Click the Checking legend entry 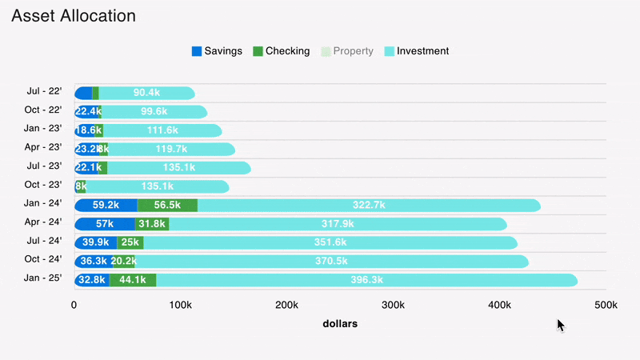coord(281,51)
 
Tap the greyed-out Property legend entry coord(346,51)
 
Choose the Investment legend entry coord(417,51)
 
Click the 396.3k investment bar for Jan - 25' coord(366,280)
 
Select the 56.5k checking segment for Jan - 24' coord(167,206)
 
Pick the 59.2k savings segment coord(106,206)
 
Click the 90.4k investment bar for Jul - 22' coord(146,93)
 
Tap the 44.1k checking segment coord(133,280)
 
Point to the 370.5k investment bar coord(331,262)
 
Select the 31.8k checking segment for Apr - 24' coord(152,224)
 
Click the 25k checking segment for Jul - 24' coord(130,242)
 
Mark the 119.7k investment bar coord(171,149)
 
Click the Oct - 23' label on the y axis coord(44,186)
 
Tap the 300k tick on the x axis coord(393,305)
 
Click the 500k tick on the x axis coord(606,305)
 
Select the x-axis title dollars coord(340,324)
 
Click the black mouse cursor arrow coord(561,325)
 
